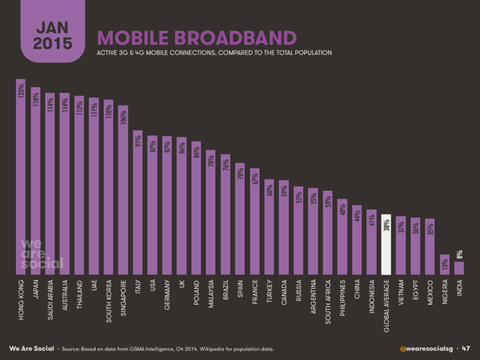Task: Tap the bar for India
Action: (458, 268)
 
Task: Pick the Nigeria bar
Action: (444, 265)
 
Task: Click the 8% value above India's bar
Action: (458, 254)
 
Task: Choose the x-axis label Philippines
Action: (342, 300)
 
